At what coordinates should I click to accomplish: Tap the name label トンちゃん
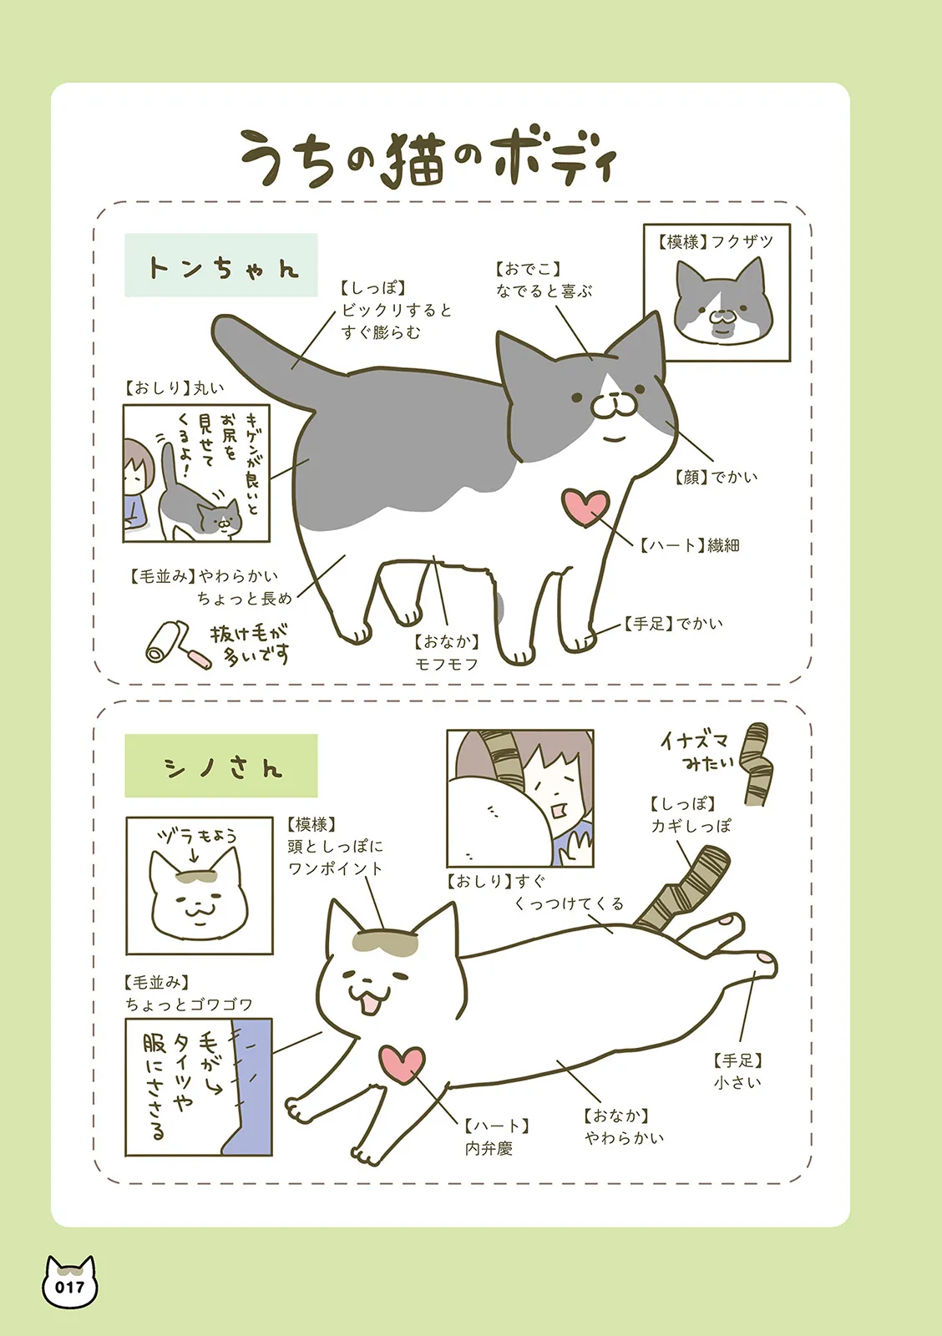pos(221,266)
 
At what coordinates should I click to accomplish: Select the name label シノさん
pos(221,766)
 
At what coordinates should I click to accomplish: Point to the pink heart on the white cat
pos(402,1063)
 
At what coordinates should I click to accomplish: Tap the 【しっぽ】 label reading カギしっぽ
pos(691,815)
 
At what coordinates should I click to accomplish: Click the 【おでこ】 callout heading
pos(528,269)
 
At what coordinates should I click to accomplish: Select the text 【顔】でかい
pos(716,477)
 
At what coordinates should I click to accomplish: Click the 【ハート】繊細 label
pos(690,545)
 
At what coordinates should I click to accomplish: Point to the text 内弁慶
pos(489,1148)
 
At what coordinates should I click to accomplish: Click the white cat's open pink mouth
pos(371,1004)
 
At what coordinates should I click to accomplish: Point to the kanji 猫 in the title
pos(414,160)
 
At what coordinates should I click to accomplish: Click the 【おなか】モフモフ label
pos(447,652)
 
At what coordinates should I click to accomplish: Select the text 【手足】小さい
pos(738,1071)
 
